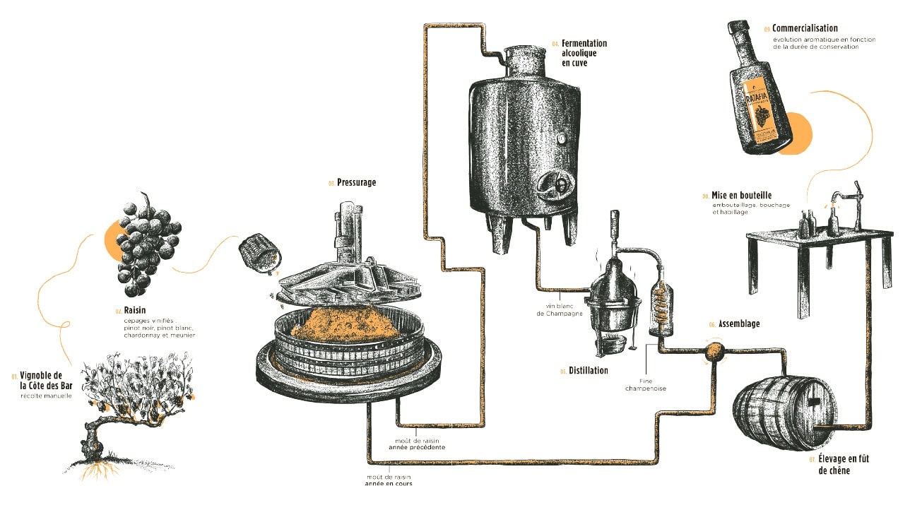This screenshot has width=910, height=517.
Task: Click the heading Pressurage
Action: [x=356, y=182]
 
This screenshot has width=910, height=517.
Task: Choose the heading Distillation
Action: [x=588, y=370]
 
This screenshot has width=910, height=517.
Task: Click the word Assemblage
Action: [x=739, y=324]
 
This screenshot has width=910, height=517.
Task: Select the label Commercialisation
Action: [x=804, y=29]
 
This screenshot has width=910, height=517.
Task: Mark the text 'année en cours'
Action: [x=389, y=484]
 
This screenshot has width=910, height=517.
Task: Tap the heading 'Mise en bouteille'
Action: [x=741, y=196]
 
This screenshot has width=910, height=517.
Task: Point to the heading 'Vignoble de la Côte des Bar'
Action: [x=42, y=380]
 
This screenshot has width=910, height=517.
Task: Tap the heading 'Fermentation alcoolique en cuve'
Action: [x=584, y=53]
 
